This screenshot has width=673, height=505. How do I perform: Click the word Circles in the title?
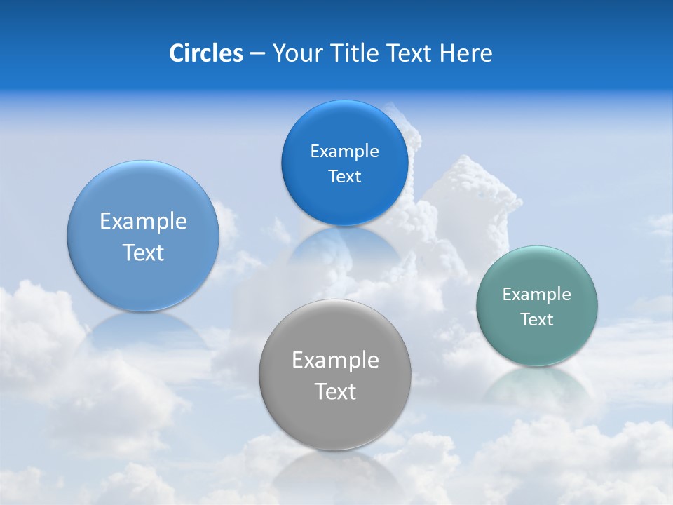click(205, 53)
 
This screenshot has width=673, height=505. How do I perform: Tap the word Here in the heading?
click(466, 53)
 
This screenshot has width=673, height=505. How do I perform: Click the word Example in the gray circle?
click(335, 361)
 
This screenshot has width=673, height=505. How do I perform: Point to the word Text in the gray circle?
click(335, 391)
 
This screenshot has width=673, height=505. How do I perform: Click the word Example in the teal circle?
click(537, 295)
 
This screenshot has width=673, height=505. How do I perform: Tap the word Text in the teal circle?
click(537, 320)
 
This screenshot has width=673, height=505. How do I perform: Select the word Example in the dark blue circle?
click(344, 151)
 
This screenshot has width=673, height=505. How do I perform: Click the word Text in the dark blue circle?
click(344, 177)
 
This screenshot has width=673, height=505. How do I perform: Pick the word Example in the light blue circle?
click(143, 222)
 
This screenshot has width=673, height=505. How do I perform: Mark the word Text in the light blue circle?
click(143, 252)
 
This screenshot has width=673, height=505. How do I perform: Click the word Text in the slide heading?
click(409, 53)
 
